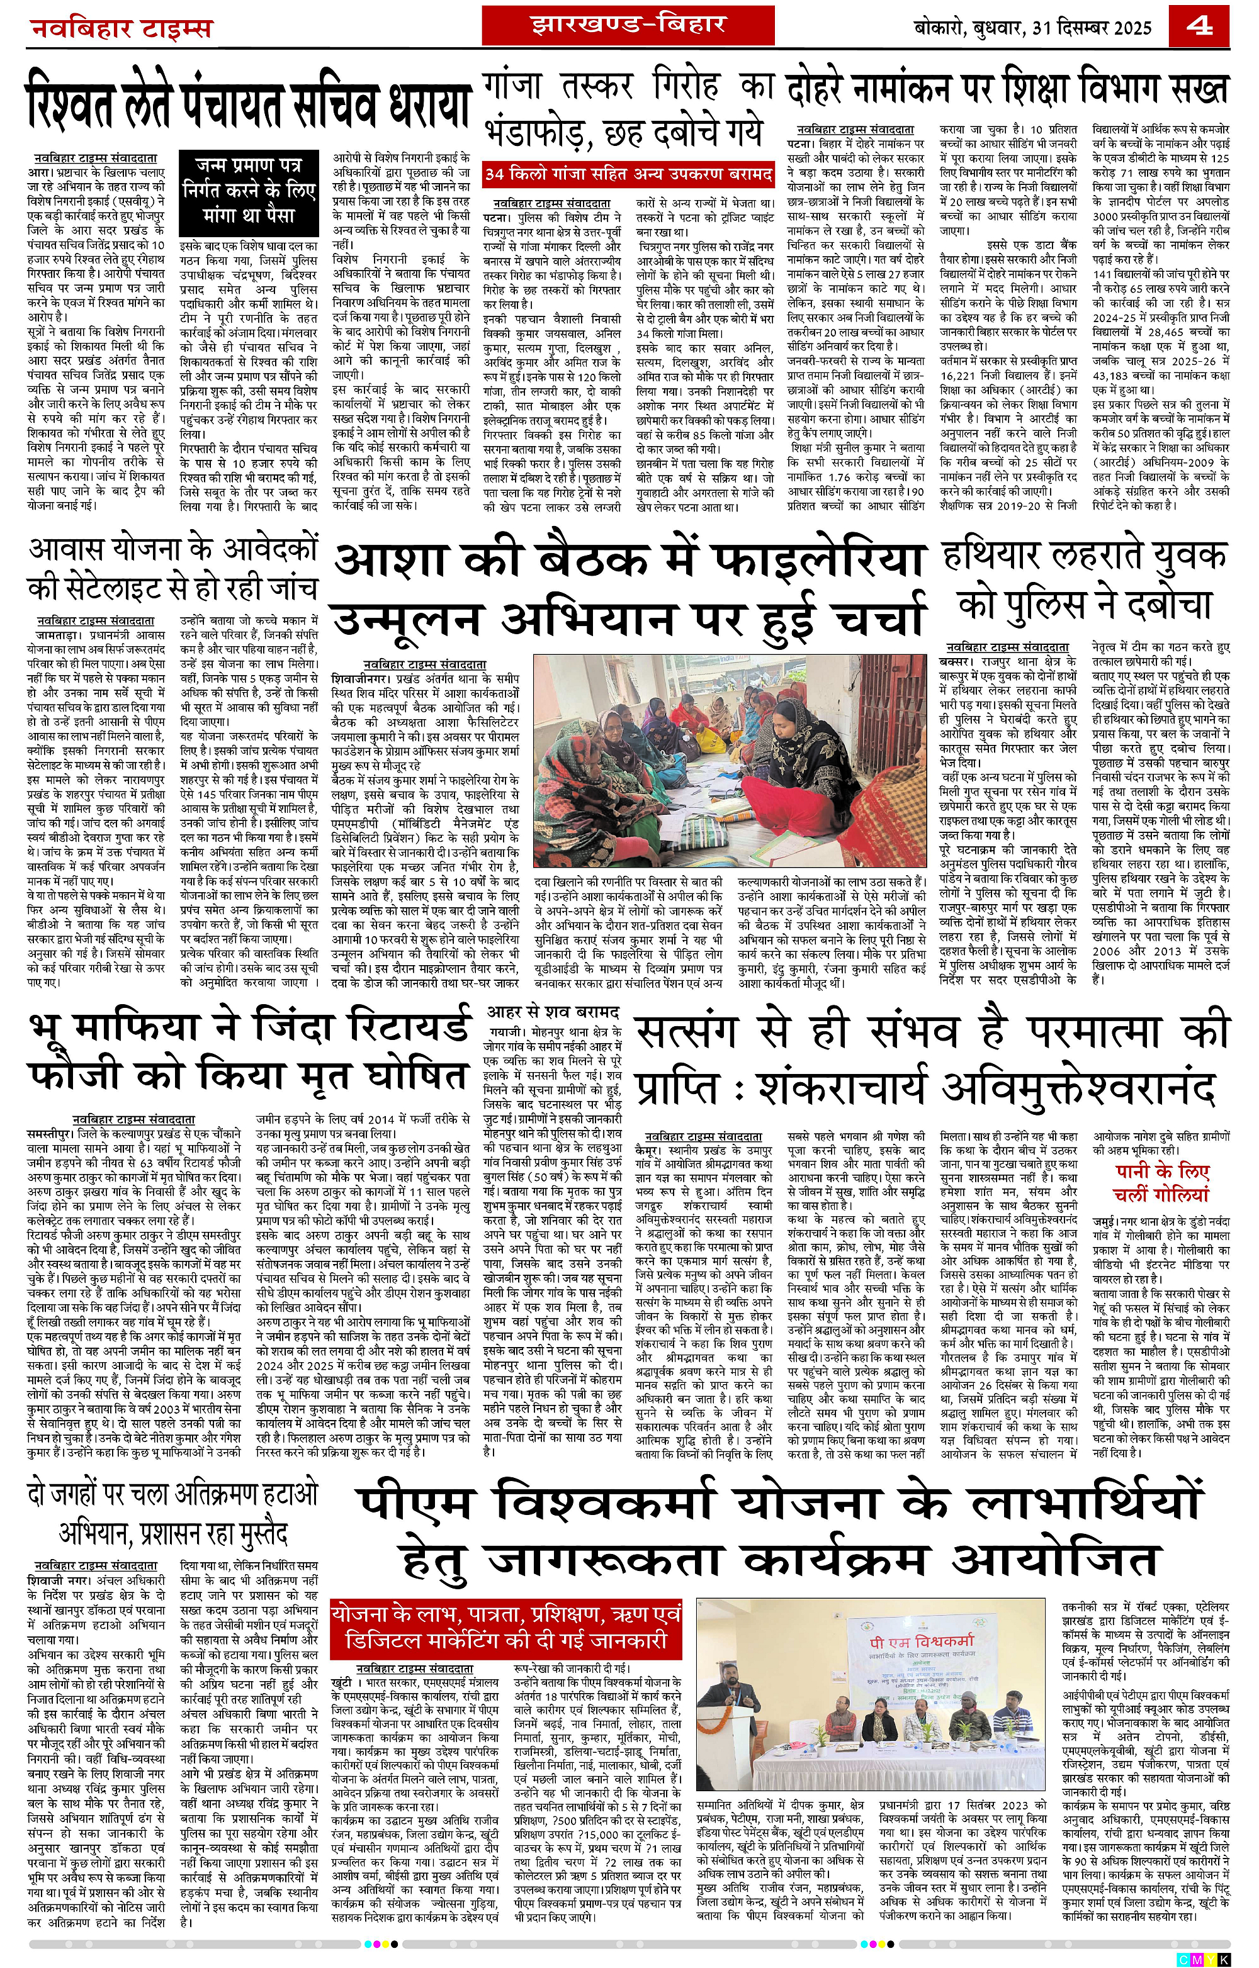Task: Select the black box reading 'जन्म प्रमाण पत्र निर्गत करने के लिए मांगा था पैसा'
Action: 249,189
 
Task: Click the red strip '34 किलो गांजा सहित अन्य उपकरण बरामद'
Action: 628,174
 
